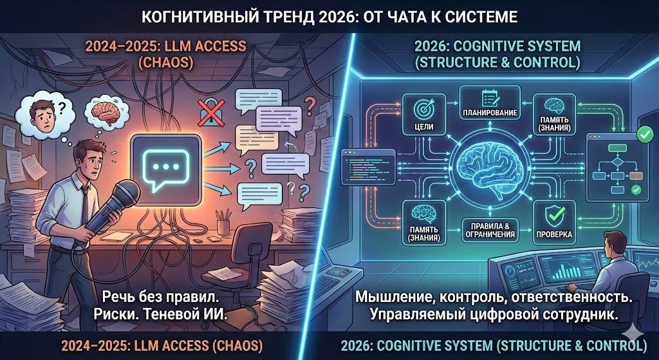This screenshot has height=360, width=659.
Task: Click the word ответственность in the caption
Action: (x=571, y=299)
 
